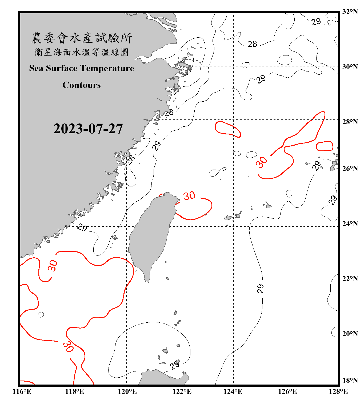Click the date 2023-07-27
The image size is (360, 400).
(88, 129)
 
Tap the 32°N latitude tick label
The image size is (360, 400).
(350, 12)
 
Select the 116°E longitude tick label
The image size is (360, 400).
(22, 391)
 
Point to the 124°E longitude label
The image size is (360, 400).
(233, 391)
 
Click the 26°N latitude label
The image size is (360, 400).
(350, 169)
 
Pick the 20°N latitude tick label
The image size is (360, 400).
(350, 334)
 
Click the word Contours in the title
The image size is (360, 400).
(82, 85)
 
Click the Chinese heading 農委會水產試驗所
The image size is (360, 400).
(82, 38)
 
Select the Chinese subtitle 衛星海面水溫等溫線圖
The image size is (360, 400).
(82, 52)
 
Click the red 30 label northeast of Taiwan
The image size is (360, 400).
(189, 196)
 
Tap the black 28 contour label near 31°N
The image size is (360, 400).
(252, 44)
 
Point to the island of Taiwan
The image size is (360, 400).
(151, 235)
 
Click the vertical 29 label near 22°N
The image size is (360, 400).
(260, 289)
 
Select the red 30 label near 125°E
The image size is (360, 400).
(261, 162)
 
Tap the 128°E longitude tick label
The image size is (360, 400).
(338, 391)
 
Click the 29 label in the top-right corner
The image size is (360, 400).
(316, 22)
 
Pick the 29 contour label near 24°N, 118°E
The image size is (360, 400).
(82, 227)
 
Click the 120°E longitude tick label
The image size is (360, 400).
(127, 391)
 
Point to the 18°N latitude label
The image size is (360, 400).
(350, 381)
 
